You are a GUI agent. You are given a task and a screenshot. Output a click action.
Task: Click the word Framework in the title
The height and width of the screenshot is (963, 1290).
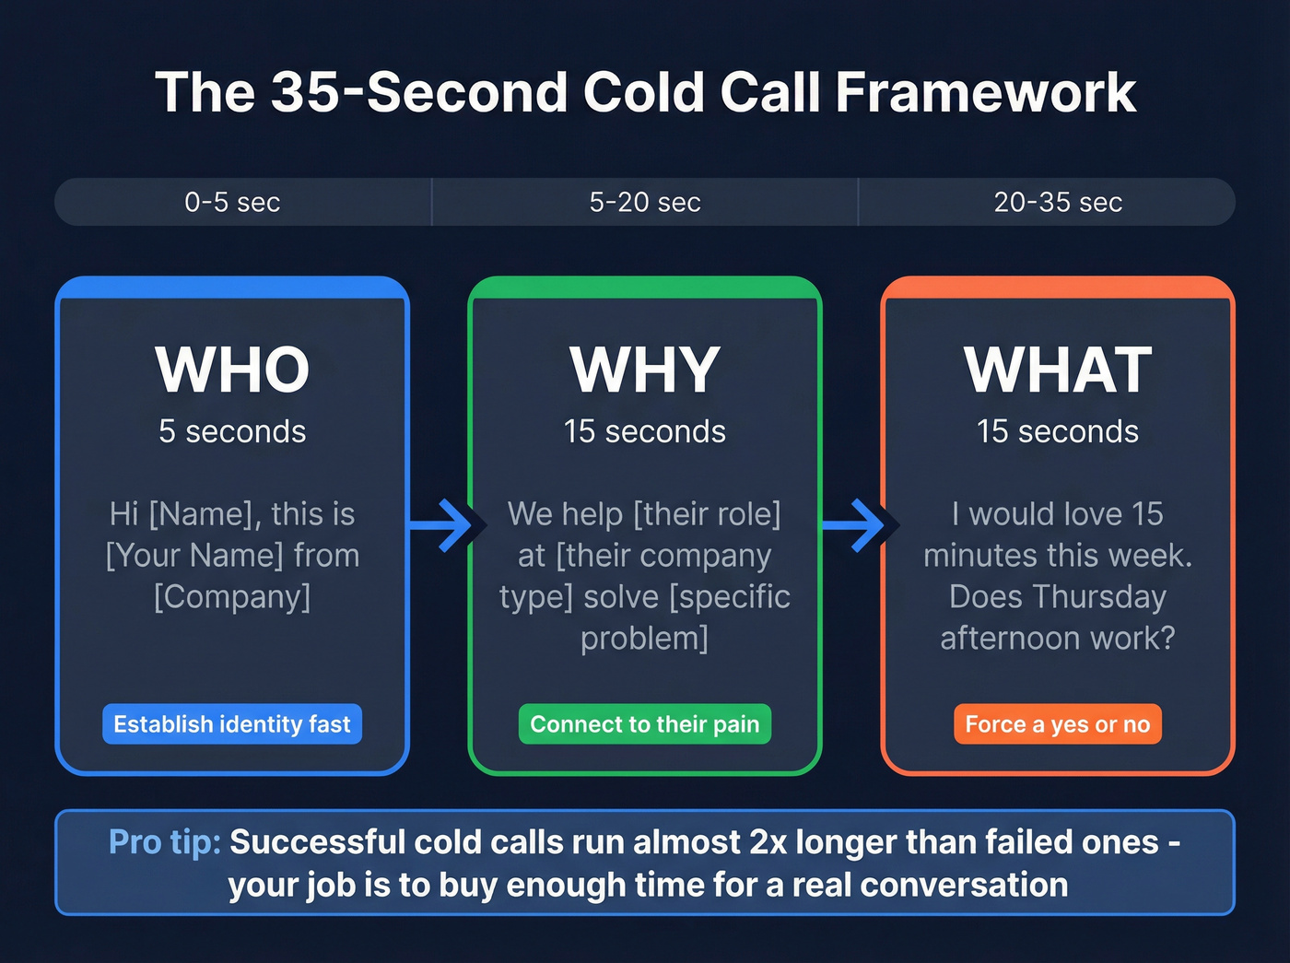[x=986, y=92]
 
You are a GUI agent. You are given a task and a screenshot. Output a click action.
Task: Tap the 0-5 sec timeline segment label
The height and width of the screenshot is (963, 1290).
[x=232, y=202]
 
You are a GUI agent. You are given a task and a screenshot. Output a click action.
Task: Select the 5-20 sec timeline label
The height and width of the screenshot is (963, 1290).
[x=645, y=202]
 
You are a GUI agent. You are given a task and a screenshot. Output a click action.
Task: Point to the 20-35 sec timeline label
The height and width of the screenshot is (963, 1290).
[x=1058, y=202]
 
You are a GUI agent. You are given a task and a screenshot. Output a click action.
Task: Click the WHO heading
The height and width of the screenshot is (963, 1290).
[x=232, y=370]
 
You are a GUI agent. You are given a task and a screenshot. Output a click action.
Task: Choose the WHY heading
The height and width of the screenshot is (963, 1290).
[x=645, y=370]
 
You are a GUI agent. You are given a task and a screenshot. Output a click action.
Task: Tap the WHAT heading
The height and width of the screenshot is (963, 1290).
[x=1058, y=370]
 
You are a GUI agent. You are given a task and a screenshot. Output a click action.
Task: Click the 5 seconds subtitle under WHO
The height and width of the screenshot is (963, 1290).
[x=232, y=431]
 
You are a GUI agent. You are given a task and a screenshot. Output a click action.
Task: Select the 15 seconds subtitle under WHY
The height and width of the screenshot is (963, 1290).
[x=645, y=431]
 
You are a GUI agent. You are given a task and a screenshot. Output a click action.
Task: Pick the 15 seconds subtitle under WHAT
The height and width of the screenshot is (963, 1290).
[x=1058, y=431]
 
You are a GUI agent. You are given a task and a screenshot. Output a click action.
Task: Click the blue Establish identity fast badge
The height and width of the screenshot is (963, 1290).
[x=232, y=724]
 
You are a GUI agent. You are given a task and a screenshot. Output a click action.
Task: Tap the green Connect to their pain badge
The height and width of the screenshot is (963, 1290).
[x=645, y=724]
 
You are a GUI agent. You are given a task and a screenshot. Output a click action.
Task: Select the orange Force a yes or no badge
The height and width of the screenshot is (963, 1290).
[x=1058, y=724]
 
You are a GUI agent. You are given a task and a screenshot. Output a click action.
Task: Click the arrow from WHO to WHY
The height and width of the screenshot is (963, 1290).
[x=447, y=525]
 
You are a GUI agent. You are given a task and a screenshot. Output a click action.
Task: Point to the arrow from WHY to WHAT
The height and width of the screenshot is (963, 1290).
[x=860, y=525]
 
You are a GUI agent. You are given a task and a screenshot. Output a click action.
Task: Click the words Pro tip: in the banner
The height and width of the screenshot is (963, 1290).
[x=164, y=842]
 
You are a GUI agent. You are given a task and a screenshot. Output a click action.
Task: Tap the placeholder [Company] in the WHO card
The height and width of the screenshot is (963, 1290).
[x=232, y=597]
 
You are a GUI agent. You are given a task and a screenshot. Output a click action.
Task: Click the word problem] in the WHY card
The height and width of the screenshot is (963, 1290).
[x=645, y=639]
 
